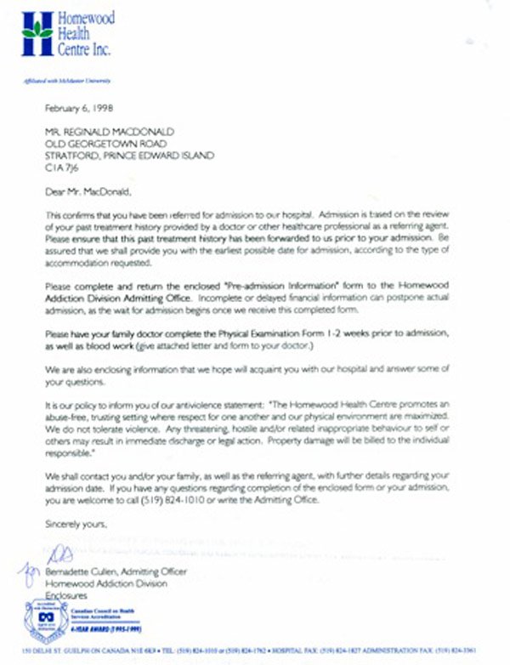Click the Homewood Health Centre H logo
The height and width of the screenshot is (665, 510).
tap(37, 35)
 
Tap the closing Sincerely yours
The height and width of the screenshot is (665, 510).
tap(76, 526)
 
